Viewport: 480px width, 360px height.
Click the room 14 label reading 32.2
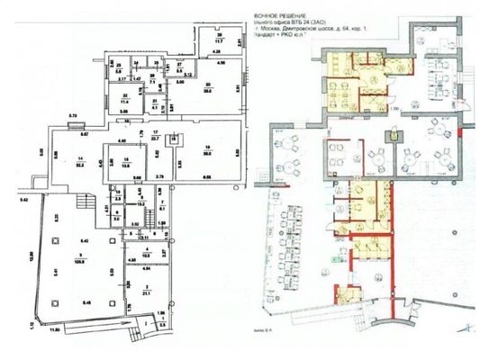pyautogui.click(x=79, y=166)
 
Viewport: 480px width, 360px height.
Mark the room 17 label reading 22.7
pyautogui.click(x=156, y=139)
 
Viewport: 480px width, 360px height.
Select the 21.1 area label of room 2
pyautogui.click(x=147, y=292)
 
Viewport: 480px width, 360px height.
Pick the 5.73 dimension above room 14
pyautogui.click(x=75, y=116)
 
